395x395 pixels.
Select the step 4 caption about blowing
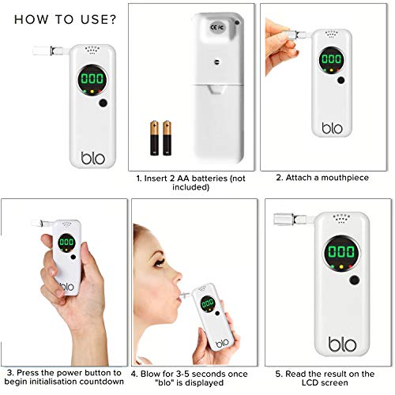194,376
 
